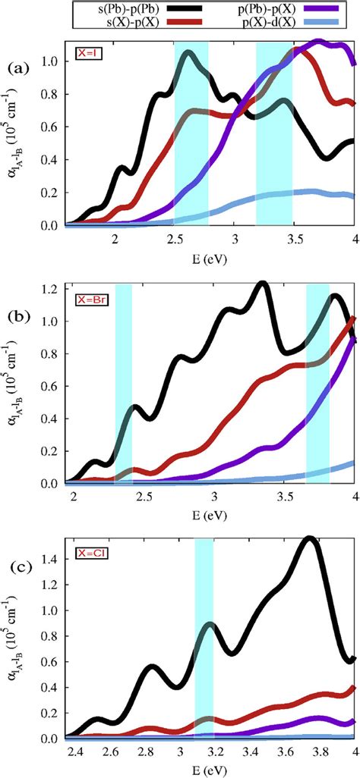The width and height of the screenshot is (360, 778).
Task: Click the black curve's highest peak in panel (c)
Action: (x=308, y=519)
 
